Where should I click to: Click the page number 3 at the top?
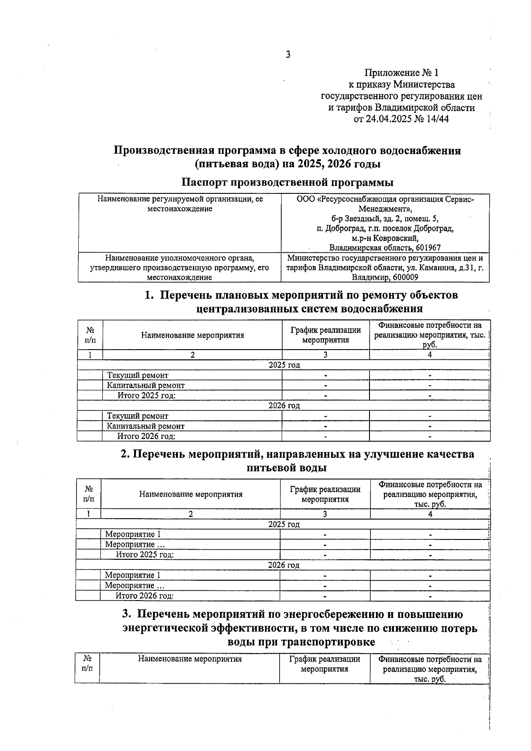(x=288, y=55)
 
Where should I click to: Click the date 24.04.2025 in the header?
(x=389, y=119)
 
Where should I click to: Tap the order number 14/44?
(x=436, y=119)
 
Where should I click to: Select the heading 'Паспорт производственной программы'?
(x=288, y=182)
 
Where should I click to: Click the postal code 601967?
(x=428, y=248)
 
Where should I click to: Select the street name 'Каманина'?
(x=444, y=268)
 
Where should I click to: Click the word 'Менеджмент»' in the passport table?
(x=385, y=209)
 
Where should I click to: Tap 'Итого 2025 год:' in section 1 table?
(x=146, y=396)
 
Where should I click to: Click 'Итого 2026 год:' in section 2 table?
(x=144, y=596)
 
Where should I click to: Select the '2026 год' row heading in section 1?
(x=284, y=405)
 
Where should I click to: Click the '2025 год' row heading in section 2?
(x=284, y=524)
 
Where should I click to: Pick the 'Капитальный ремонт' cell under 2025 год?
(x=146, y=385)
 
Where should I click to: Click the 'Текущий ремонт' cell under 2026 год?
(x=138, y=416)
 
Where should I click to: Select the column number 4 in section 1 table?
(x=430, y=354)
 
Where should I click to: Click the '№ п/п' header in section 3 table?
(x=88, y=663)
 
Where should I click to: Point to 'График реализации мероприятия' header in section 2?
(x=325, y=494)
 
